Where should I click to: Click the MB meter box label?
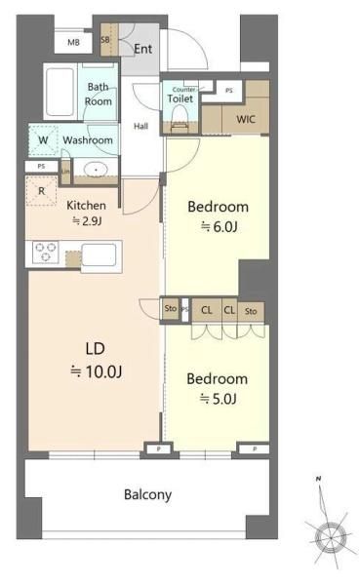click(x=73, y=43)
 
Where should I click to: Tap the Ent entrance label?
click(x=142, y=49)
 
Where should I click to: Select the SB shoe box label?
click(x=105, y=39)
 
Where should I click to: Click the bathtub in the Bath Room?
click(x=60, y=93)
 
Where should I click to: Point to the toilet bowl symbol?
click(x=180, y=116)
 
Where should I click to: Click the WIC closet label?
click(x=246, y=119)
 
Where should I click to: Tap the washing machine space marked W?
click(x=43, y=140)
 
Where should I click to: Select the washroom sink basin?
click(x=96, y=170)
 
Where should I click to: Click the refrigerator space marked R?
click(x=41, y=191)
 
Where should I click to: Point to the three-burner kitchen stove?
click(x=45, y=252)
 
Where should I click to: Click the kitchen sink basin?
click(x=99, y=254)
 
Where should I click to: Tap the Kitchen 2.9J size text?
click(x=86, y=214)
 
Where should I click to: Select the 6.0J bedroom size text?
click(x=220, y=226)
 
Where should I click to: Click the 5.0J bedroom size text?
click(x=219, y=399)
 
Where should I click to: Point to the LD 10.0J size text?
click(x=96, y=360)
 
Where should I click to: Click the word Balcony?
click(x=148, y=494)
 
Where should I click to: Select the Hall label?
click(x=140, y=126)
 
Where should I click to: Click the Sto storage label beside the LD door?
click(x=171, y=308)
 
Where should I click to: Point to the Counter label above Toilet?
click(x=183, y=90)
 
